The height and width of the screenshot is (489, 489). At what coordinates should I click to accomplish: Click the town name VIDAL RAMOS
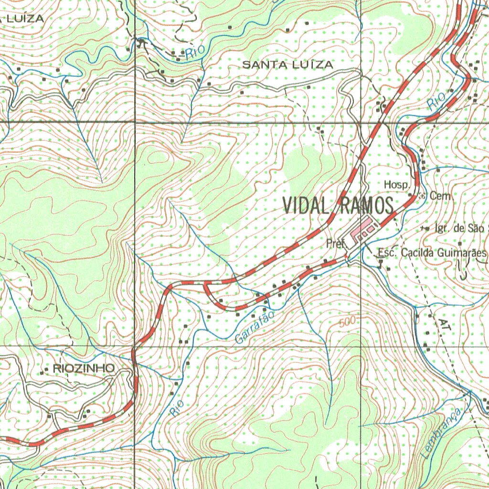338,205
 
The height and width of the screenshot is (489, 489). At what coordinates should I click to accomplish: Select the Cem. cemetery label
440,196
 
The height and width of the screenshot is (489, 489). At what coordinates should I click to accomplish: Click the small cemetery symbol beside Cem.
422,195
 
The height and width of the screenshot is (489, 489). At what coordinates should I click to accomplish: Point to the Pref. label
336,244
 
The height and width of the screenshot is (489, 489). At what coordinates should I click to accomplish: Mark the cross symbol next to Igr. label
425,229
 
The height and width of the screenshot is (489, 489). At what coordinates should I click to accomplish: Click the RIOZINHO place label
84,368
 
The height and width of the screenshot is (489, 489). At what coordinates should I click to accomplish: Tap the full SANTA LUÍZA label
287,64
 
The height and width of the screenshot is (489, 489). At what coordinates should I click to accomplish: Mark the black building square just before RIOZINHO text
47,370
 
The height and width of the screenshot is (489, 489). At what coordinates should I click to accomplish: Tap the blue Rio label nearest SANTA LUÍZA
195,52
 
